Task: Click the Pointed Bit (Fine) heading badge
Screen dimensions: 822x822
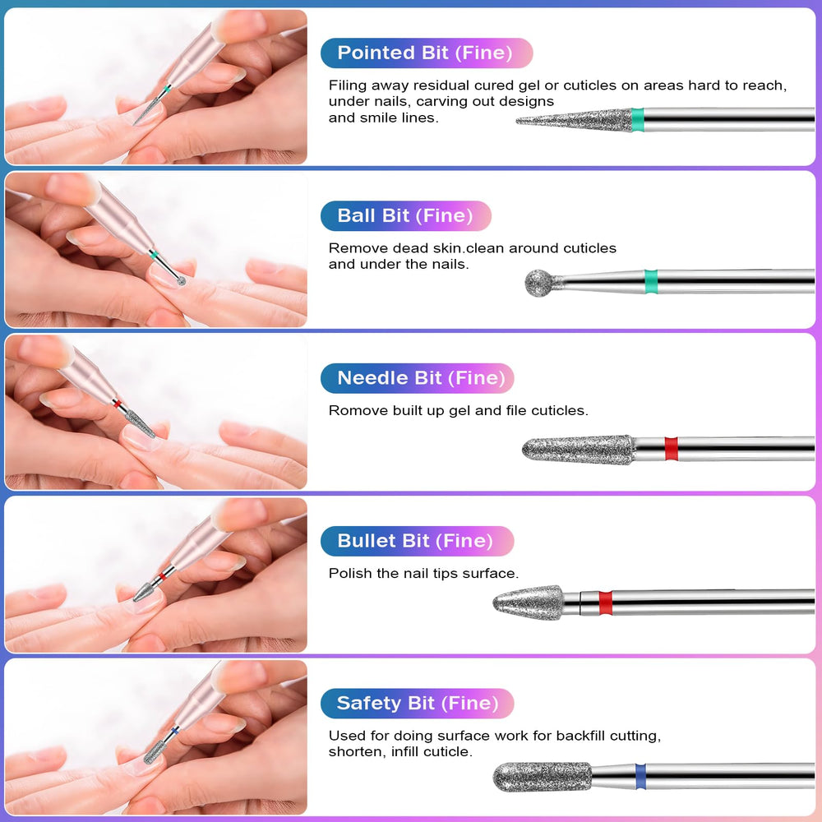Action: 427,53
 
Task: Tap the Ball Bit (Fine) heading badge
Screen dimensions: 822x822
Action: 406,215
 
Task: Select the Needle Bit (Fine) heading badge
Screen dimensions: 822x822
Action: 418,378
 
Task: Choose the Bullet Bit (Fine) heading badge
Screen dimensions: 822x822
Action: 418,541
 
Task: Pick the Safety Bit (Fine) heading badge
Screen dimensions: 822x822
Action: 418,703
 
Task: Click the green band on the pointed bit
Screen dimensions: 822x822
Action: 638,119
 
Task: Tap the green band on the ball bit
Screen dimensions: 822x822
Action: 650,281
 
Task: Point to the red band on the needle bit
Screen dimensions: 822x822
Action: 671,449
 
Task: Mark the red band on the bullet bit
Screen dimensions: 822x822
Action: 606,603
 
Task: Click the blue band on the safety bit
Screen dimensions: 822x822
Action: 640,777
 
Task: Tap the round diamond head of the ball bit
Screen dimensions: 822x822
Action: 539,283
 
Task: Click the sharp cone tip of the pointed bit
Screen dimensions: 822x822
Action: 517,122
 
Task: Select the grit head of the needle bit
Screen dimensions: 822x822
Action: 578,450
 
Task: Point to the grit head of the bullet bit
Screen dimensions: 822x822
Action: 529,603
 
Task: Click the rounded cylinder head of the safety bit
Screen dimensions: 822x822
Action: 543,777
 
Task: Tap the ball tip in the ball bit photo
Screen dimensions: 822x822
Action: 182,281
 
